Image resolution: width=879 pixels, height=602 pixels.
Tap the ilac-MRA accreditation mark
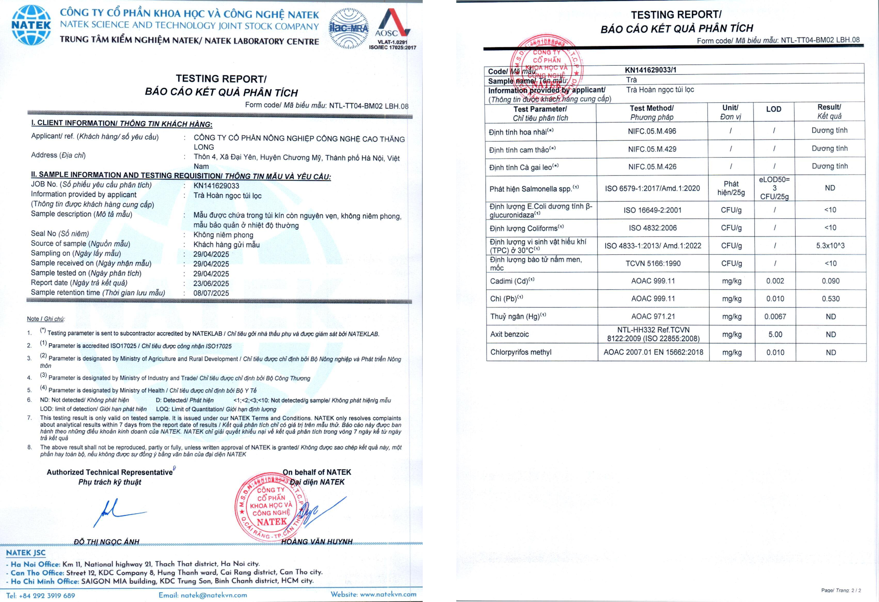(348, 28)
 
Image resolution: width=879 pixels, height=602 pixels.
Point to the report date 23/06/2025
(211, 283)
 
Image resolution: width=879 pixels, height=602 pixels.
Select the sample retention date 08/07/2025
(211, 293)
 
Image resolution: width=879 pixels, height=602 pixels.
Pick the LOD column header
(773, 109)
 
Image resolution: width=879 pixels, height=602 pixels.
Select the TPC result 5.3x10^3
(830, 246)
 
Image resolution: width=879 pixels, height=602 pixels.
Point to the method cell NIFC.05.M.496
(652, 131)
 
